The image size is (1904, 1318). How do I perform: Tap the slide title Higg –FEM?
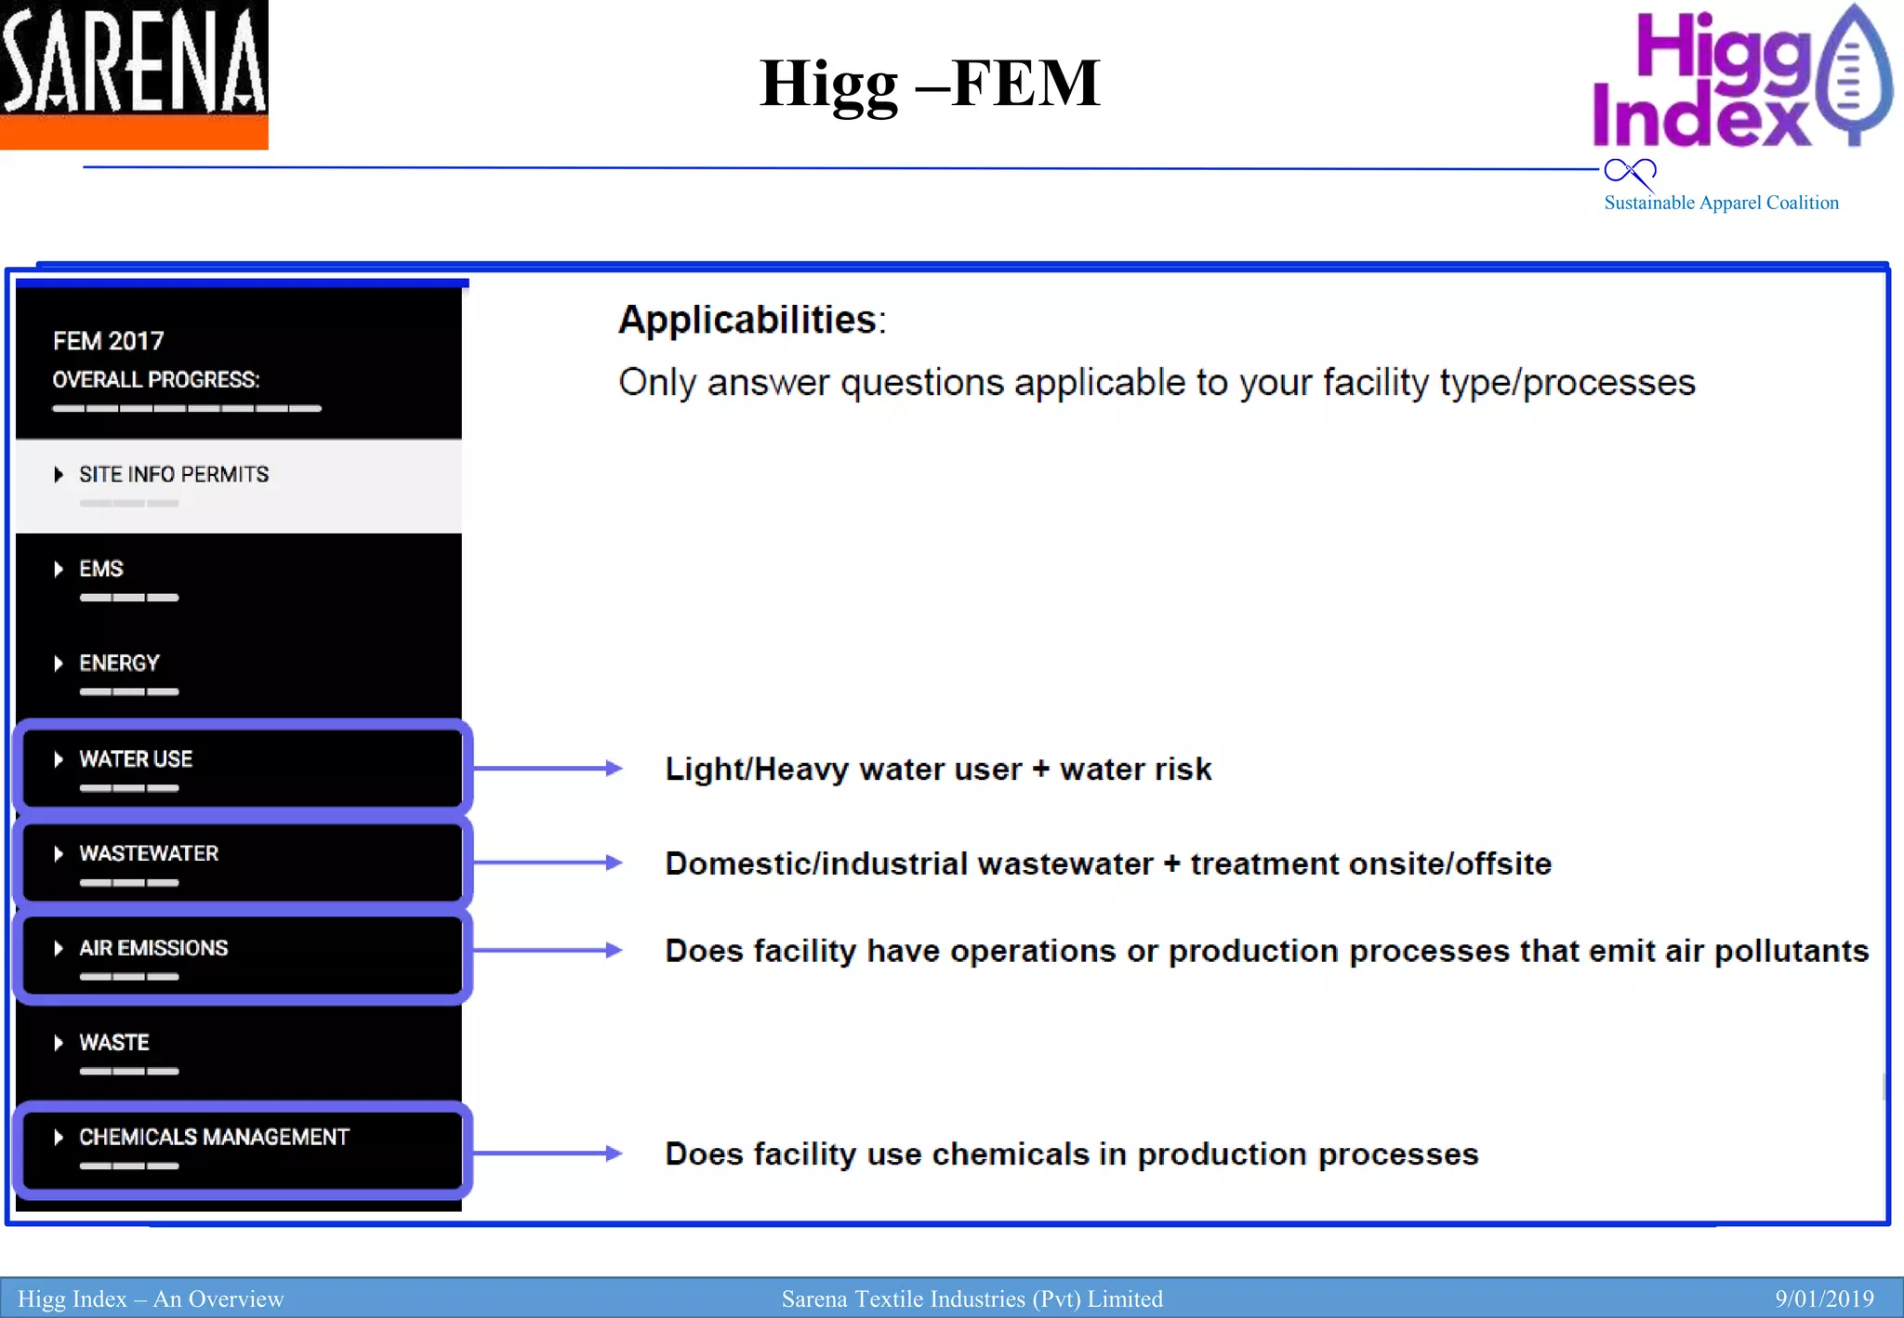point(930,84)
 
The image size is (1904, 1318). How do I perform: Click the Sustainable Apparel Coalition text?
point(1721,203)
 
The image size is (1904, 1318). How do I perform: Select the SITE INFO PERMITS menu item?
point(174,475)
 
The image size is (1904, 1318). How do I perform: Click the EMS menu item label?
point(101,569)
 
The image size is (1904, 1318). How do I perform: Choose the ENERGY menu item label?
point(119,664)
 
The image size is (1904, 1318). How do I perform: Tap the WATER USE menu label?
point(136,759)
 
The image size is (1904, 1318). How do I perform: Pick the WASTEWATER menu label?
point(149,853)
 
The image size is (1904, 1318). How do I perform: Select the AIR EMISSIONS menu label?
point(153,948)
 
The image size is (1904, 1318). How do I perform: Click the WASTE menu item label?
point(114,1043)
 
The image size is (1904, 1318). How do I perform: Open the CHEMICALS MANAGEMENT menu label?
point(214,1138)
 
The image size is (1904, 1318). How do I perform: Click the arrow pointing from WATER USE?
point(549,769)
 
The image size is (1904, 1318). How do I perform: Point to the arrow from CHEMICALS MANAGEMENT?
point(549,1153)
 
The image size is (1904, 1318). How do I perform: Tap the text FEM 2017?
point(108,341)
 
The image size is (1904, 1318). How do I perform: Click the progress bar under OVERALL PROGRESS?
point(187,408)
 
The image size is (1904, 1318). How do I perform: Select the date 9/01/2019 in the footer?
point(1824,1298)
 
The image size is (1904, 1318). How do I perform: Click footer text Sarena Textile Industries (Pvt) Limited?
point(972,1298)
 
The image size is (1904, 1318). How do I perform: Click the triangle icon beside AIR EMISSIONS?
point(59,948)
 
